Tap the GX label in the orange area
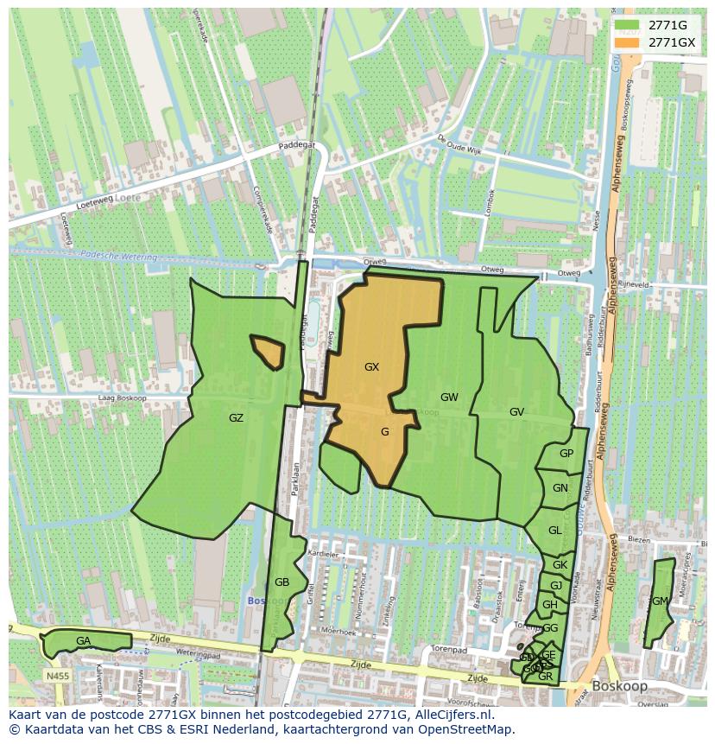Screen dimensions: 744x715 [371, 367]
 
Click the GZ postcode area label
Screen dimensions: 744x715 [236, 418]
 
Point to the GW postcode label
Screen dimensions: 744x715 [449, 397]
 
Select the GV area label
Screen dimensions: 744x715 [516, 412]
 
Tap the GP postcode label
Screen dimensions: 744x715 [566, 454]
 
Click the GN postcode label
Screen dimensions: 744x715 [560, 488]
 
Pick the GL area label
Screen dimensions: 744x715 [554, 531]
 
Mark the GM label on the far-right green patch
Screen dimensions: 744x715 [660, 601]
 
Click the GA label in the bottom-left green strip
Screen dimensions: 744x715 [83, 641]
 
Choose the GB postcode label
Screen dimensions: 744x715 [282, 582]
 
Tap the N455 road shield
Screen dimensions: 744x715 [57, 676]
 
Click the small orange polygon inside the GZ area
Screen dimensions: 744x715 [269, 351]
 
